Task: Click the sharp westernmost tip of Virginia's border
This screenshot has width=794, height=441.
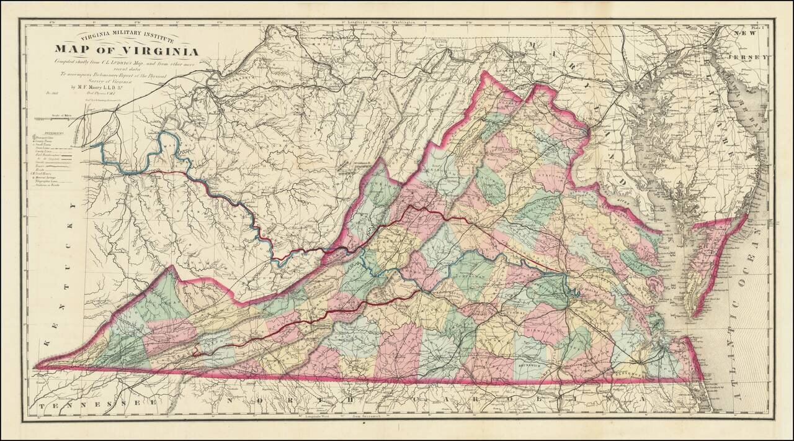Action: [x=35, y=367]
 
